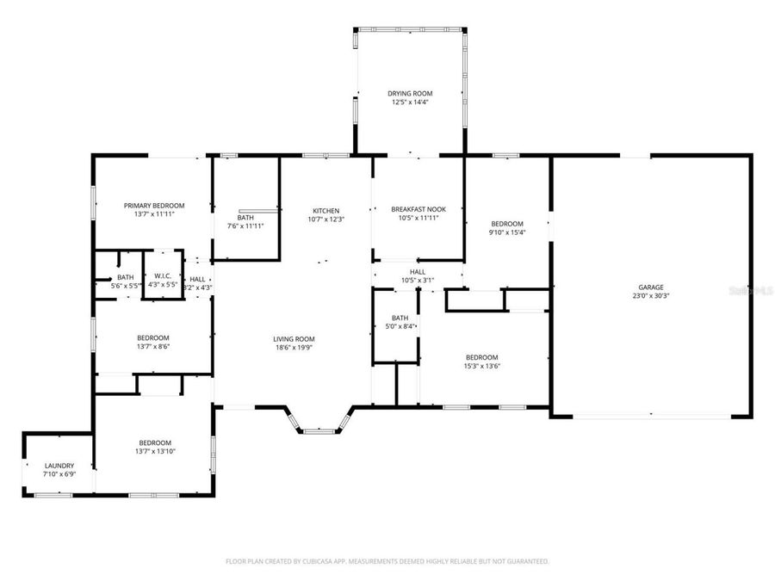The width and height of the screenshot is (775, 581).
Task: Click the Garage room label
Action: coord(650,287)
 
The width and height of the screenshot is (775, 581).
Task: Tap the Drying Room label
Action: coord(410,93)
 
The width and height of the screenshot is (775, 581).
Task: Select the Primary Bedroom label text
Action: coord(154,205)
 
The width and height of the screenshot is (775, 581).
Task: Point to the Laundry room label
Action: coord(59,466)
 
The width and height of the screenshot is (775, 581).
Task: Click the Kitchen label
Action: coord(325,210)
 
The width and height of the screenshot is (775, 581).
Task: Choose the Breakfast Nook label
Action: coord(418,209)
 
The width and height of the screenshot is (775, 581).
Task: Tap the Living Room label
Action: coord(294,338)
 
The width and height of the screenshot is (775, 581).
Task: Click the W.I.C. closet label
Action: coord(162,277)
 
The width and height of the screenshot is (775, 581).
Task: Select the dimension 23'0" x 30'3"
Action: coord(650,296)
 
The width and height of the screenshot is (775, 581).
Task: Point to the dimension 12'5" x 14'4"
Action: coord(410,102)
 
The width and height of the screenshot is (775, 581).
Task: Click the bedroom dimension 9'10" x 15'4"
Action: coord(507,232)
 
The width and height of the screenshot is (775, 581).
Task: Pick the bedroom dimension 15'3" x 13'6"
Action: coord(481,366)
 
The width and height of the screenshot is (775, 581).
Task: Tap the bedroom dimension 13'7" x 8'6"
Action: coord(153,346)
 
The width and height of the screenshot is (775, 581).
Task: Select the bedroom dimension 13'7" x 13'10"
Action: coord(154,451)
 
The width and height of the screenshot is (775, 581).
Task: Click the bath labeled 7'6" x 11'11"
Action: coord(245,226)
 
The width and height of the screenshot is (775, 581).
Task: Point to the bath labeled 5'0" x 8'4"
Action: coord(400,326)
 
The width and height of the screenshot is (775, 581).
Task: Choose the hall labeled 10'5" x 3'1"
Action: coord(418,280)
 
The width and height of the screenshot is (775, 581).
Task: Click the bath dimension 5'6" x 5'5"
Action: coord(125,286)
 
